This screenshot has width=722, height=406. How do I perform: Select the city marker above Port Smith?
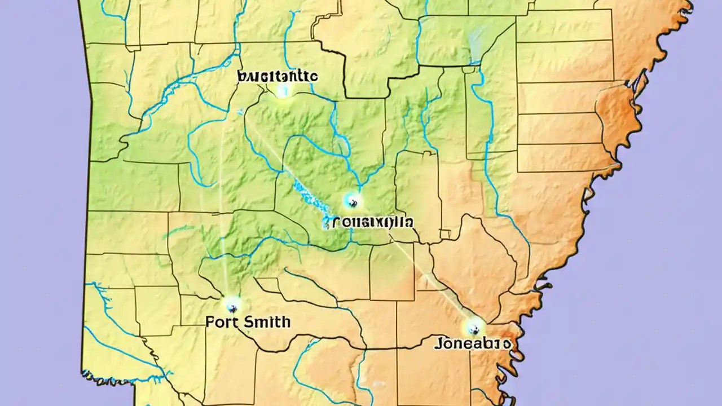pos(232,306)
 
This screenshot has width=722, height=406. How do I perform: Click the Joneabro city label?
pos(473,342)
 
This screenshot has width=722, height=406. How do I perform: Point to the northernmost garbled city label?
pos(278,76)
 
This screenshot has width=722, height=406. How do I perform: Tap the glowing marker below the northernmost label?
pos(283,91)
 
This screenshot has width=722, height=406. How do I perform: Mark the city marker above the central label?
pos(353,200)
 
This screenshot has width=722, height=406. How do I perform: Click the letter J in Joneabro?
pos(438,342)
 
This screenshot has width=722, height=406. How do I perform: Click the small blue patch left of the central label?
pos(325,223)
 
